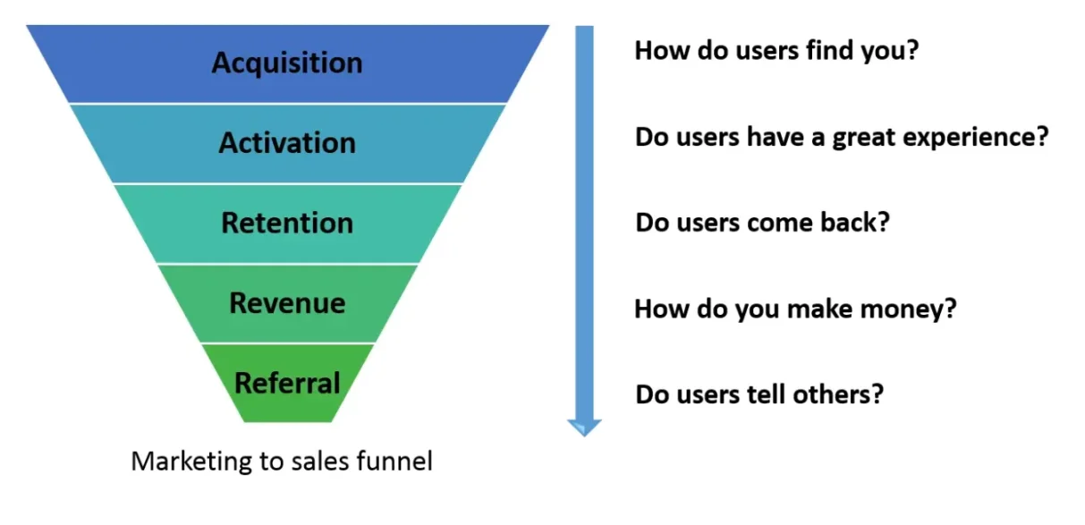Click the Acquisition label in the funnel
point(287,64)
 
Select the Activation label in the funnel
point(287,143)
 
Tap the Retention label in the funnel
point(287,223)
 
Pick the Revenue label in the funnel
point(287,303)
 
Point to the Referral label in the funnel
point(287,383)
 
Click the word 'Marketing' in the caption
point(191,462)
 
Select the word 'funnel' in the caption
point(394,461)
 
